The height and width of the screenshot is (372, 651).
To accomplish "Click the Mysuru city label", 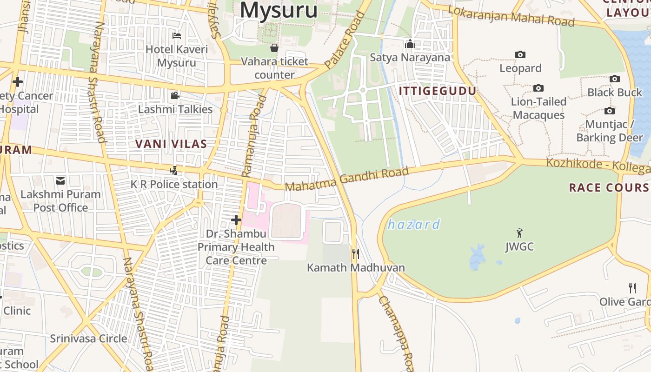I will tap(279, 10).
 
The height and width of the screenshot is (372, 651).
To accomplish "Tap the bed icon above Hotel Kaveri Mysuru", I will tap(177, 35).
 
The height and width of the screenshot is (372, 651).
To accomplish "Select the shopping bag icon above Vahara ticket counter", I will tap(274, 48).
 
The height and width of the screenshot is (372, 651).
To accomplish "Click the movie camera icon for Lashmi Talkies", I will tap(175, 96).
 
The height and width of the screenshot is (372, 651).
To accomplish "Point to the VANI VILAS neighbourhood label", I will tap(171, 144).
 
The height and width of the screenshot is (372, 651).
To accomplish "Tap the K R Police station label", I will tap(174, 184).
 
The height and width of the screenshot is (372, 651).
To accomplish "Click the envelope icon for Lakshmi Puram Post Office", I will tap(60, 180).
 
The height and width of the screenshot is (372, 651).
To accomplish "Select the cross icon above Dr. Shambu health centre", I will tap(236, 219).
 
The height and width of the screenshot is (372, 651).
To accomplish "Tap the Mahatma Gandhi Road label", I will tap(346, 179).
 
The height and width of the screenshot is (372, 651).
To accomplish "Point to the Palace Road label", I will tap(345, 40).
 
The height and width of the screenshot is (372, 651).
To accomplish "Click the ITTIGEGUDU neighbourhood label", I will tap(438, 91).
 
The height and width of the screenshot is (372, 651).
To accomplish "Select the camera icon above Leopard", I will tap(520, 55).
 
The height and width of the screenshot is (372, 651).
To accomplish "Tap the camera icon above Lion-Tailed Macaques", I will tap(538, 88).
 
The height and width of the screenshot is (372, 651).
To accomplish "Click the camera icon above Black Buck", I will tap(615, 79).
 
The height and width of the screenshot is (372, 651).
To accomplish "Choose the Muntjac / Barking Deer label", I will tap(610, 131).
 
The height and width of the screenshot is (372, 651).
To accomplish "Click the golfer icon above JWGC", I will tap(519, 233).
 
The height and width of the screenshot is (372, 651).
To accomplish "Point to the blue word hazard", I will tap(414, 225).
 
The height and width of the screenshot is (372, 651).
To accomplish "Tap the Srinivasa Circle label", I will tap(88, 339).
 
